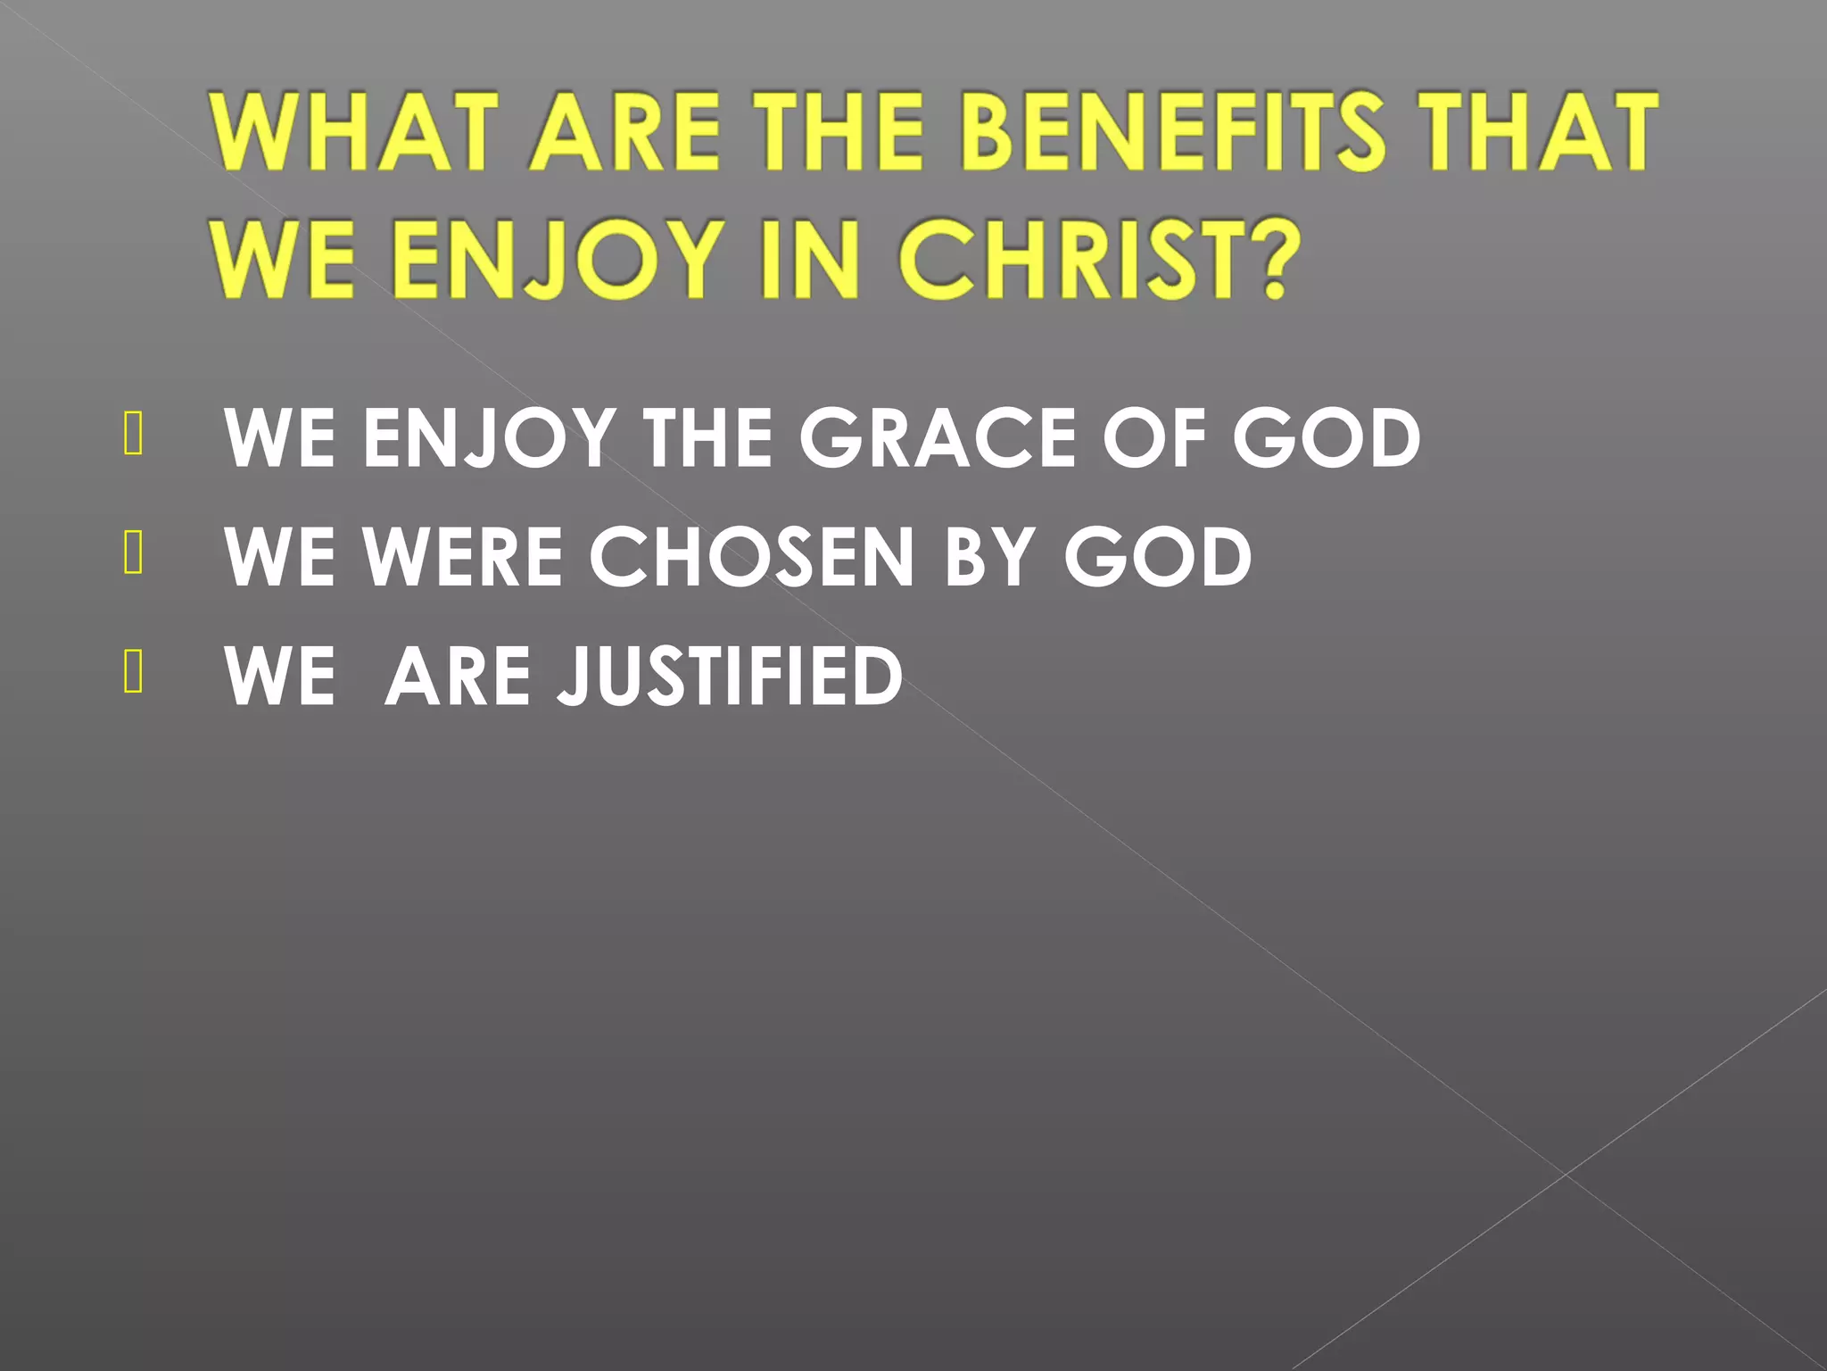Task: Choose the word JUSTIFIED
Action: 730,676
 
